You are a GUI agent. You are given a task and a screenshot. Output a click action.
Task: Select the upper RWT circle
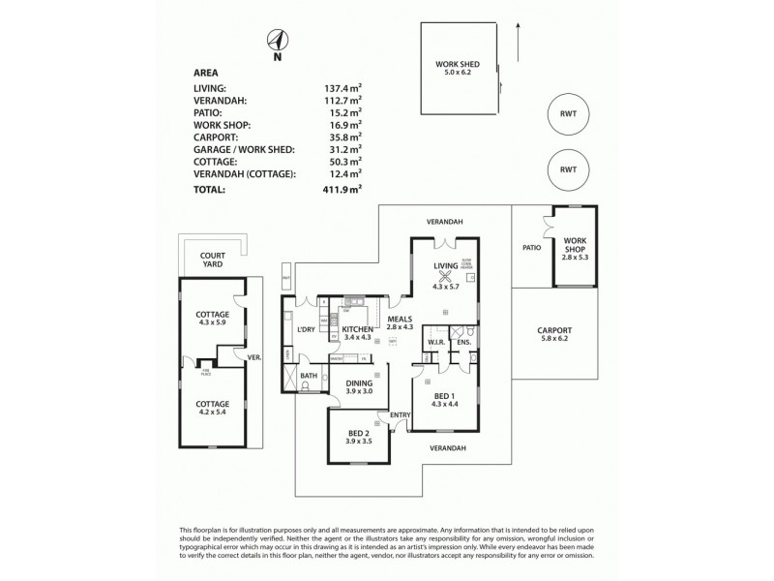[x=567, y=115]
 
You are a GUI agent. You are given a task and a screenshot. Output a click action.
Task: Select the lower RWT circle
[x=567, y=169]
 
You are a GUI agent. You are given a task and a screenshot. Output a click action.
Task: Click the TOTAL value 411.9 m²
[x=342, y=190]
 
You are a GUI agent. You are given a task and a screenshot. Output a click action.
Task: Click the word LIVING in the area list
[x=210, y=87]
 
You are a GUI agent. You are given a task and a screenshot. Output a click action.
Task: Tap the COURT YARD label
[x=213, y=260]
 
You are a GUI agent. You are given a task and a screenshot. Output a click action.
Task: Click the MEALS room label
[x=401, y=319]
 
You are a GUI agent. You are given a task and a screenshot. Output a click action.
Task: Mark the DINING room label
[x=360, y=384]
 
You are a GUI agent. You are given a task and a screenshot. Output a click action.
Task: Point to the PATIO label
[x=530, y=248]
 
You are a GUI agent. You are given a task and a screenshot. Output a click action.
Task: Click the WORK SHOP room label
[x=575, y=243]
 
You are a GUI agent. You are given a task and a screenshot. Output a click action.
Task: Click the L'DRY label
[x=308, y=330]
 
